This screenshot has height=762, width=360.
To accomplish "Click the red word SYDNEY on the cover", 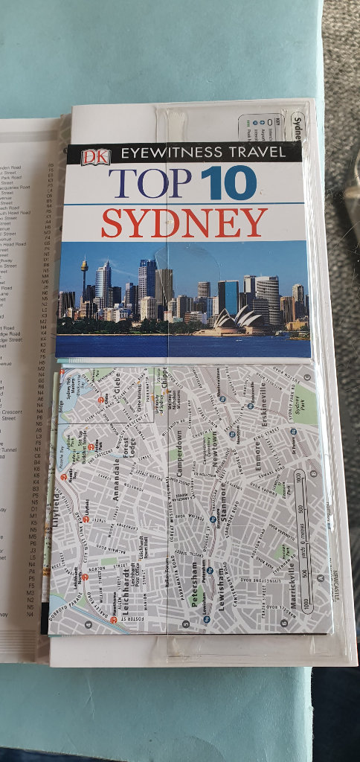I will coord(184,222).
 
